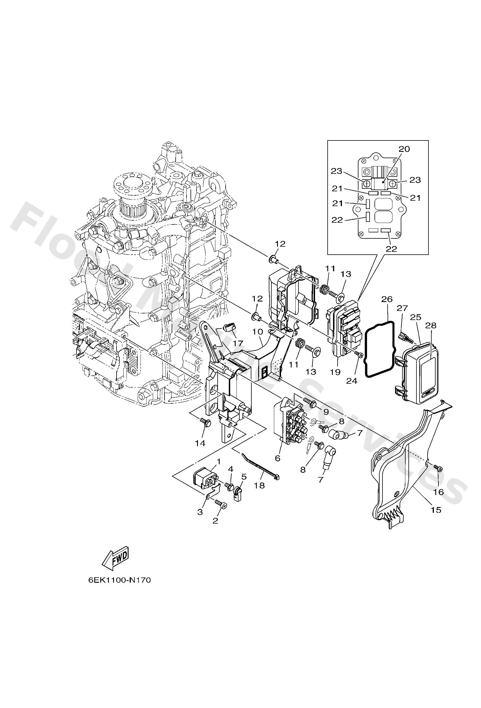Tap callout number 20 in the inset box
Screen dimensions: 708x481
coord(404,149)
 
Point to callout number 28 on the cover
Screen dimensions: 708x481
coord(431,325)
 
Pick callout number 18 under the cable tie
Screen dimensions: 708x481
coord(259,486)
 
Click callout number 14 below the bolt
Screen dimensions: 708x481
coord(200,444)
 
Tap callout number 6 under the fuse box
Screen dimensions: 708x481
coord(277,458)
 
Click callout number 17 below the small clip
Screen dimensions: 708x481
coord(238,344)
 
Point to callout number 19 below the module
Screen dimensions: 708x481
coord(335,372)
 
